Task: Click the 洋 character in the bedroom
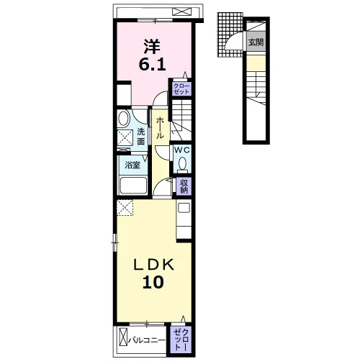click(x=152, y=47)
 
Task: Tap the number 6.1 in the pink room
click(x=153, y=64)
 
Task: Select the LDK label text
click(x=153, y=265)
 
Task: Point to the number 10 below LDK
click(x=153, y=282)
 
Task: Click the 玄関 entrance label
click(x=256, y=42)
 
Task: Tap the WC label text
click(x=182, y=150)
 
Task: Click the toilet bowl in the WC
click(x=183, y=164)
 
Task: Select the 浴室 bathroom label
click(x=132, y=165)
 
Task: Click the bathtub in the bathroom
click(x=133, y=185)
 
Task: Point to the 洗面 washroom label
click(x=141, y=137)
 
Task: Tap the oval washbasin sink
click(x=124, y=118)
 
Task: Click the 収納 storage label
click(x=184, y=186)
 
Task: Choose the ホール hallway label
click(x=160, y=128)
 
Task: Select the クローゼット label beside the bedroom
click(x=181, y=88)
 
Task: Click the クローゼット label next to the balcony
click(x=181, y=340)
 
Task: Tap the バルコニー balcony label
click(x=147, y=340)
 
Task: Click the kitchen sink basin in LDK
click(x=184, y=208)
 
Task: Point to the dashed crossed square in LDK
click(x=125, y=208)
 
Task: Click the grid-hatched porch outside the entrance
click(x=230, y=35)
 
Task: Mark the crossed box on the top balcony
click(x=182, y=12)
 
